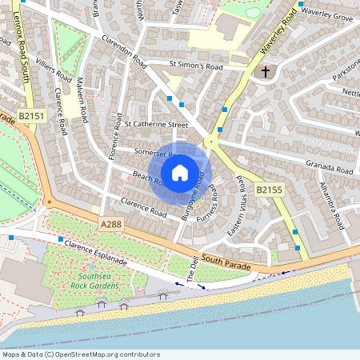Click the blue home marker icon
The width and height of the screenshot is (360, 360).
(x=180, y=172)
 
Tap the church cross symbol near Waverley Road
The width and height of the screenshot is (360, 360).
(x=266, y=72)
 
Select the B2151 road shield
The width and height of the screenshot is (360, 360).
(x=30, y=116)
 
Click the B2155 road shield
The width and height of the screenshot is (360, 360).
(x=270, y=190)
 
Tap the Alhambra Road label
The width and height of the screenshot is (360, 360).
(x=338, y=207)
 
